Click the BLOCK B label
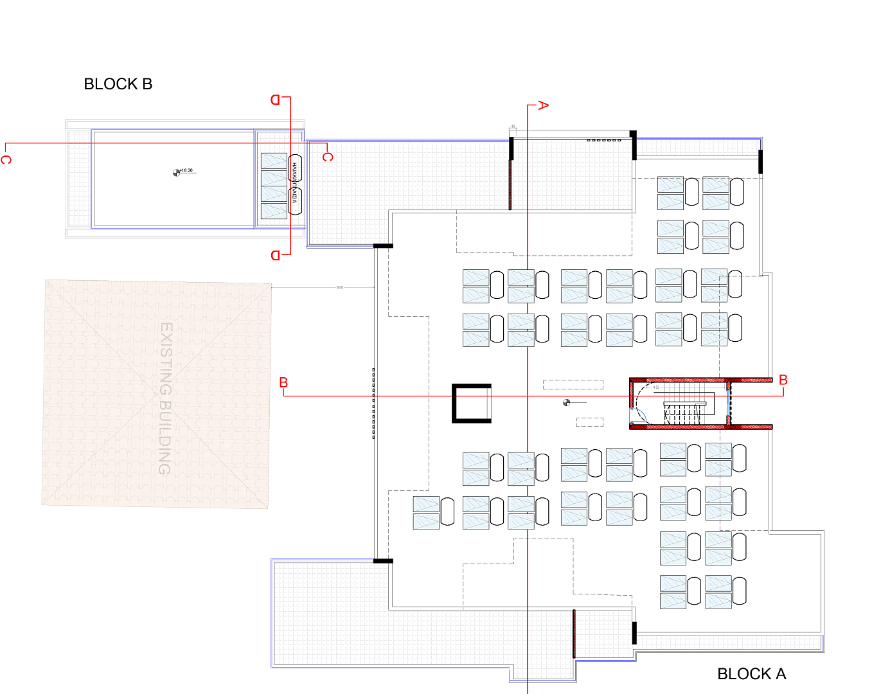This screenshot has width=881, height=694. pyautogui.click(x=118, y=84)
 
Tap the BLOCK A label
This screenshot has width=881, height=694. pyautogui.click(x=751, y=673)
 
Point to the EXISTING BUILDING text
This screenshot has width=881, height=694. pyautogui.click(x=166, y=398)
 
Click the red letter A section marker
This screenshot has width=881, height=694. pyautogui.click(x=543, y=105)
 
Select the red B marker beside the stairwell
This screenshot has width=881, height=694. pyautogui.click(x=783, y=380)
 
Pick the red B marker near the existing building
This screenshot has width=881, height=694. pyautogui.click(x=283, y=382)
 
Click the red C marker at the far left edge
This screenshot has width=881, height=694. pyautogui.click(x=6, y=159)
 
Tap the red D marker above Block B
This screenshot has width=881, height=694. pyautogui.click(x=275, y=100)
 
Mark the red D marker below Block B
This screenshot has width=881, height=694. pyautogui.click(x=276, y=255)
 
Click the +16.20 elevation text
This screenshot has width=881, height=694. pyautogui.click(x=186, y=171)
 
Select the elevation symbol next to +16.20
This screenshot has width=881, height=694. pyautogui.click(x=177, y=172)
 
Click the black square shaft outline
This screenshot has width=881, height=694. pyautogui.click(x=472, y=404)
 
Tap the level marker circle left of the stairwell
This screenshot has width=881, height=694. pyautogui.click(x=566, y=403)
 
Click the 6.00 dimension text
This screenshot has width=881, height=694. pyautogui.click(x=340, y=287)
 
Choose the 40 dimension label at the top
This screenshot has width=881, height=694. pyautogui.click(x=513, y=127)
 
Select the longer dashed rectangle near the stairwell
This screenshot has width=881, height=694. pyautogui.click(x=573, y=385)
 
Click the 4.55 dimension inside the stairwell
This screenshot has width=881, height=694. pyautogui.click(x=656, y=387)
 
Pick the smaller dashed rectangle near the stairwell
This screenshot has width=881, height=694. pyautogui.click(x=589, y=422)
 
